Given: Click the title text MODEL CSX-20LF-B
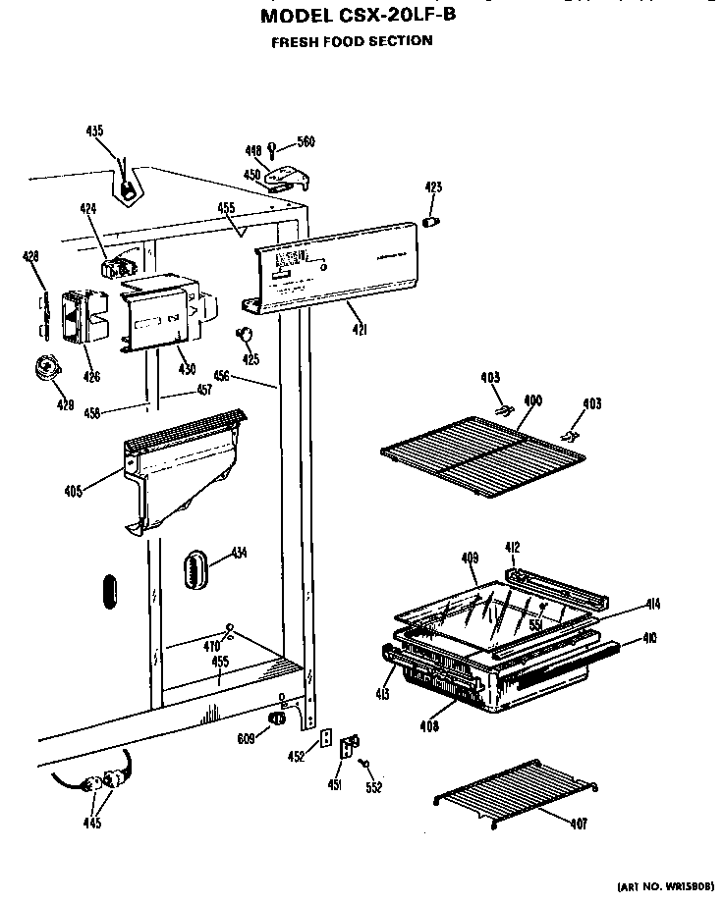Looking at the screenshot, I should pos(359,17).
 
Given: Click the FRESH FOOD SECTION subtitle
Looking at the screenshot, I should pos(352,41).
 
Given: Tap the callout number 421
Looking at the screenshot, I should pos(359,331).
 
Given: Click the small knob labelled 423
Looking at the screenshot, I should pos(429,222).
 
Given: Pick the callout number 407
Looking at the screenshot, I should pos(579,824).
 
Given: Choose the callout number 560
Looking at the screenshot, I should pos(306,142).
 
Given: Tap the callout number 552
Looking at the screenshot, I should pos(373,787).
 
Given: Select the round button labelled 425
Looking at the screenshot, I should pos(245,337).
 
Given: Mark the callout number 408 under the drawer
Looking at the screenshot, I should pos(428,727).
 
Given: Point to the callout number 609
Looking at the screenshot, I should pos(246,740).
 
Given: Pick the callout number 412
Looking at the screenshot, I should pos(512,547).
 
